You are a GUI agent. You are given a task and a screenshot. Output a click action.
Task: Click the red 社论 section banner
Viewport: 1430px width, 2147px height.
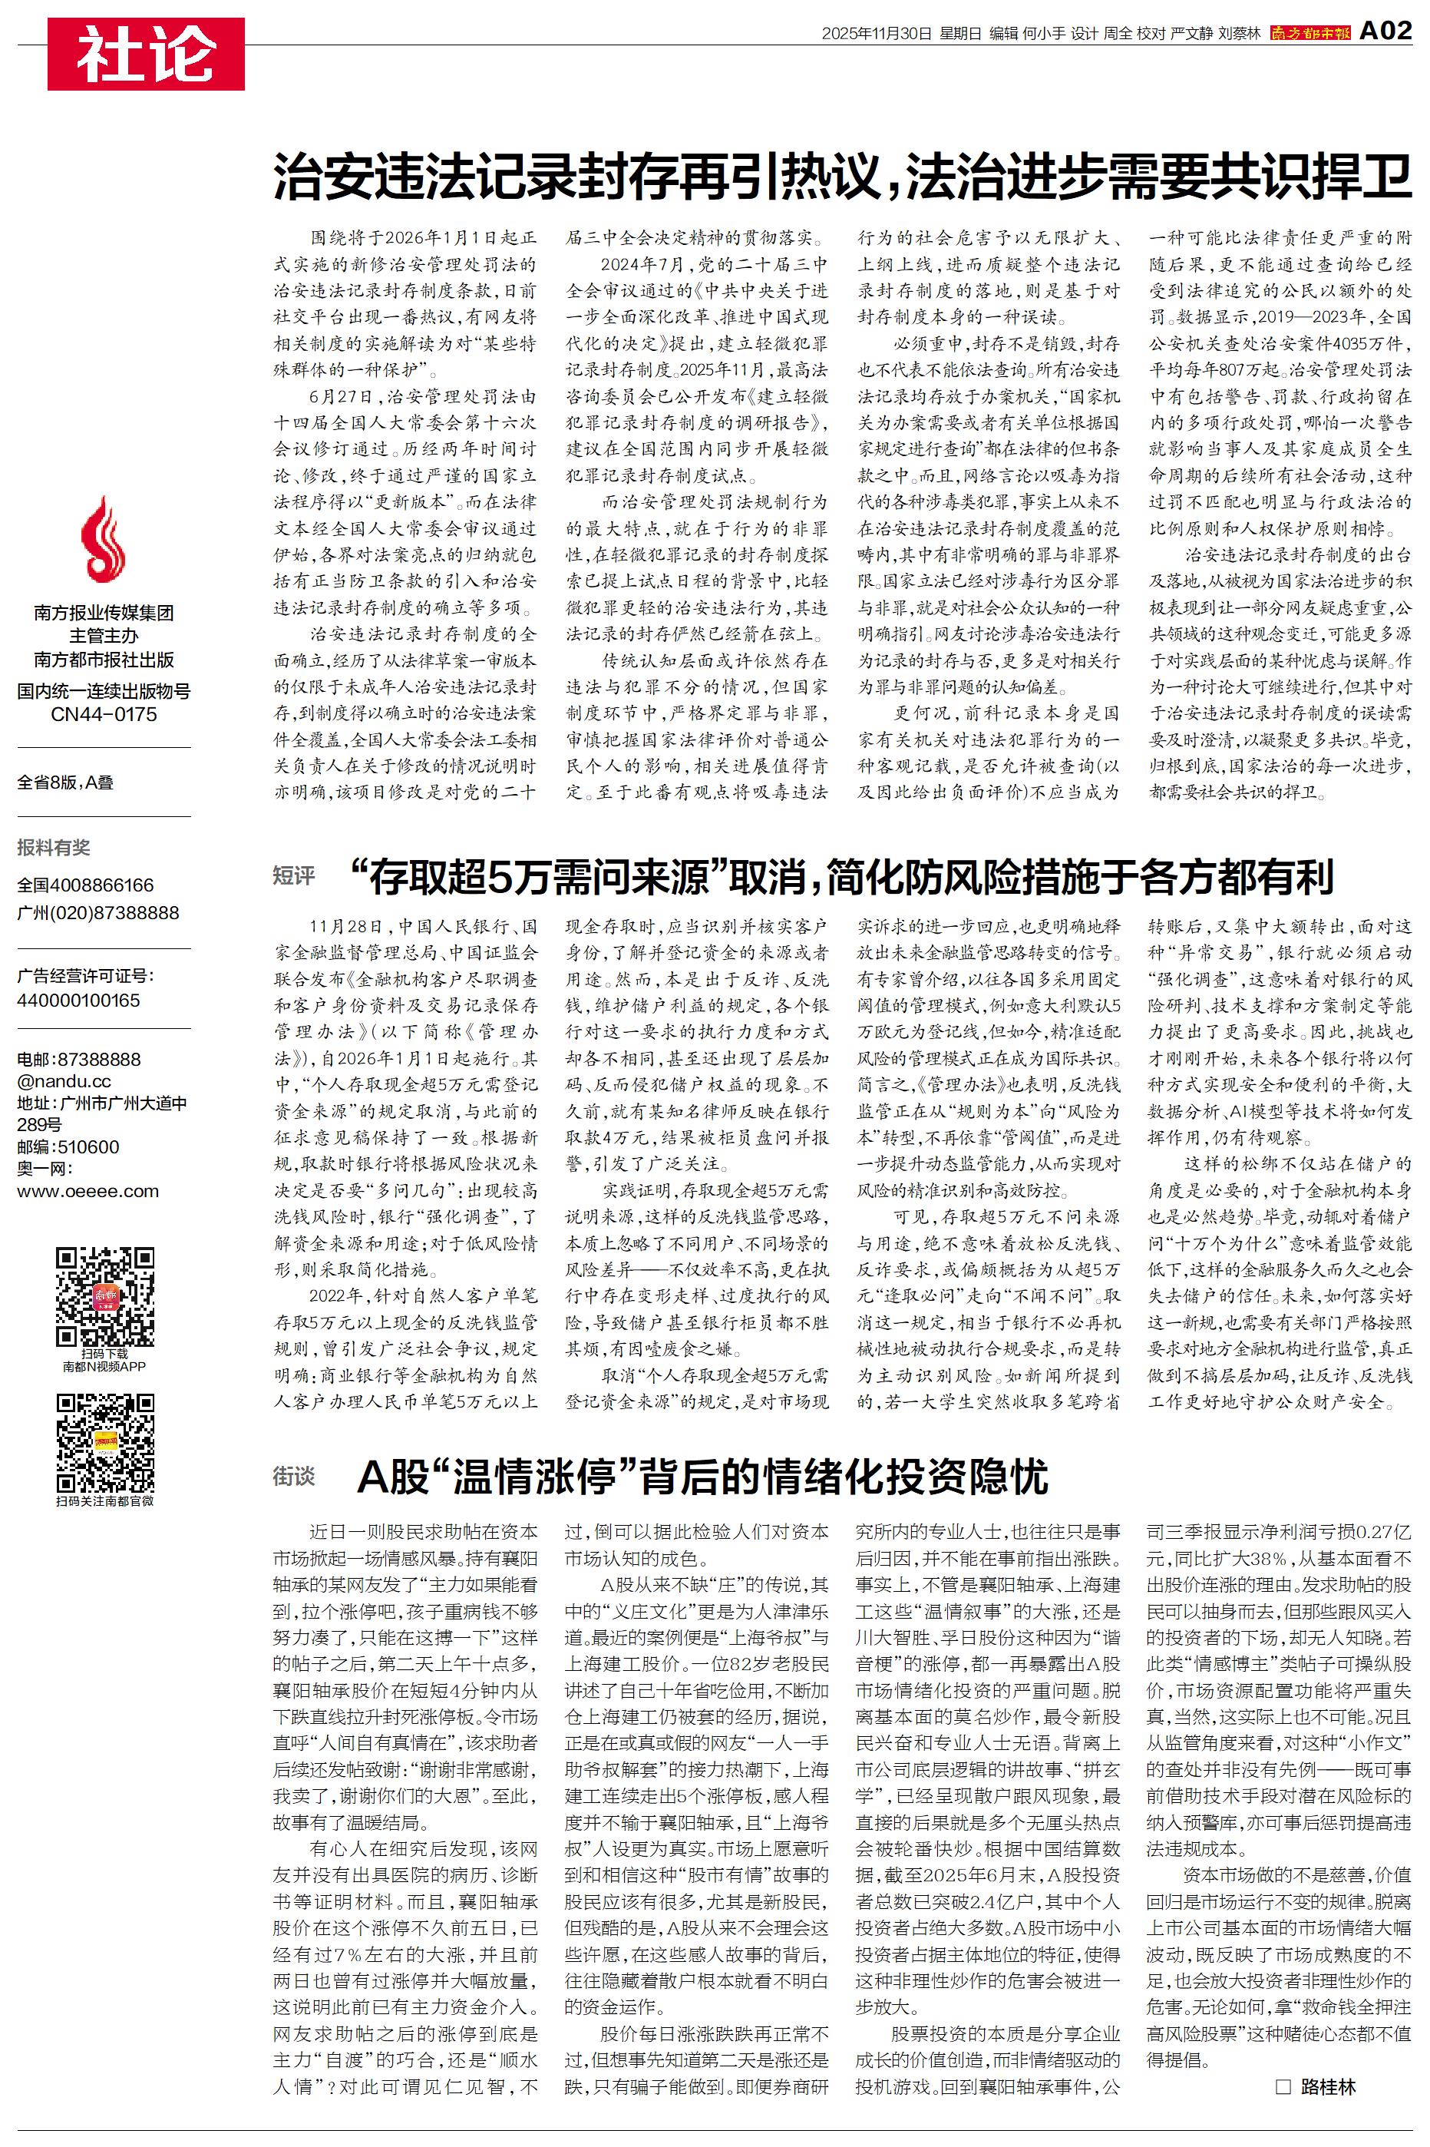(146, 54)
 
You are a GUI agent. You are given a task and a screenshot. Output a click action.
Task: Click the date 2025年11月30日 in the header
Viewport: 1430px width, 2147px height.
(877, 34)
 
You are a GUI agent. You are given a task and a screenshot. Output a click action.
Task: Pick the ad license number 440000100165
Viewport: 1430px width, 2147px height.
(78, 1001)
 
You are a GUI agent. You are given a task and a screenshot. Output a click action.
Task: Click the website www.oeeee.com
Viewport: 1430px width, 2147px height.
(88, 1191)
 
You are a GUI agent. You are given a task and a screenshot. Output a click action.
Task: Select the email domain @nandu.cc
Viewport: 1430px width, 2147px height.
(64, 1082)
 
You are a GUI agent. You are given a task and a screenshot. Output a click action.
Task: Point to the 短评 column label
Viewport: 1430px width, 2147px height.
(294, 876)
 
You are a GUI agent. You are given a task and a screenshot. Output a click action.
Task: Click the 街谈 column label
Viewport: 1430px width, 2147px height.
(294, 1476)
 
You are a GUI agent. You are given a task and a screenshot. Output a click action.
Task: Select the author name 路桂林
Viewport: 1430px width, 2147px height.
(1329, 2086)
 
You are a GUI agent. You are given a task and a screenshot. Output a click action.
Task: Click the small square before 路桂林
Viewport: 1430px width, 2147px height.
(1283, 2086)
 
